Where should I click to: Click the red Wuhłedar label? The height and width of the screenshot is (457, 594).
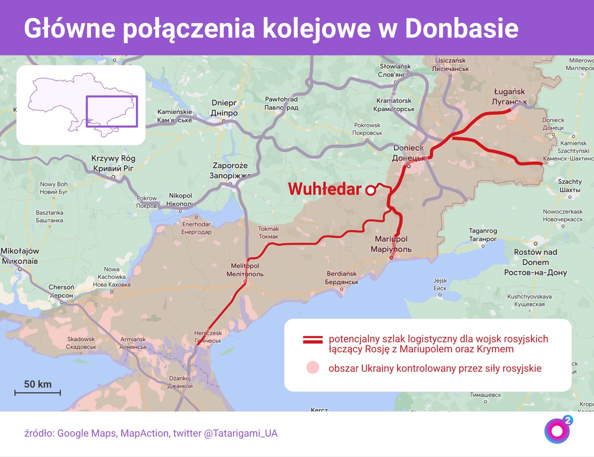325,189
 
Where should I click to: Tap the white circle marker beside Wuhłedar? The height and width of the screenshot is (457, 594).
371,190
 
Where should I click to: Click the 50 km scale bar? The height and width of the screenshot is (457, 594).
37,393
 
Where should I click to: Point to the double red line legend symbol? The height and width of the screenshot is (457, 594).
313,340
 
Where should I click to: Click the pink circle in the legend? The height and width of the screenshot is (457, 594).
313,368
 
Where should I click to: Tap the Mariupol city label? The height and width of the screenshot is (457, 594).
391,244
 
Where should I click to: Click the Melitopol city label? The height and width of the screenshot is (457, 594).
245,270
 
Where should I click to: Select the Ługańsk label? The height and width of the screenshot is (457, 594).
509,96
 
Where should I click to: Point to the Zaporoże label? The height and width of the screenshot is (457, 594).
230,170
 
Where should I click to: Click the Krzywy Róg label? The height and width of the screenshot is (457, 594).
113,163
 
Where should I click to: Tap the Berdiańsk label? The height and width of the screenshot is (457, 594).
342,278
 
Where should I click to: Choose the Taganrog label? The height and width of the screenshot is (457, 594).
483,235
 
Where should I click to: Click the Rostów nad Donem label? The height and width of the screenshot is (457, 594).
536,262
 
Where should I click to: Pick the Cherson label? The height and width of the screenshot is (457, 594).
61,291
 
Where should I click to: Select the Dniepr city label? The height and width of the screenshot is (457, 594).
224,108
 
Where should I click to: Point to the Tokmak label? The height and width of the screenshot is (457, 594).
268,233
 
